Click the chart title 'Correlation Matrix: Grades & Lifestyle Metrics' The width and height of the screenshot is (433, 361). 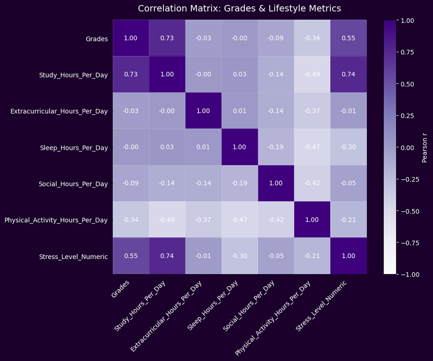click(239, 8)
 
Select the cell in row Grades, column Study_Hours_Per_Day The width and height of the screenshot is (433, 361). click(167, 38)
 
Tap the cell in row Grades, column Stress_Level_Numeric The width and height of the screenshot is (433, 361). click(348, 38)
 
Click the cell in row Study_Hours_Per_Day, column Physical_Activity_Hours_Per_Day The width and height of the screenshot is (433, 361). click(312, 74)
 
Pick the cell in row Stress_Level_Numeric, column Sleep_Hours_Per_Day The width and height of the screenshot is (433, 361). click(239, 256)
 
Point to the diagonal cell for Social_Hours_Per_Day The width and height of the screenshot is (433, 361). click(276, 183)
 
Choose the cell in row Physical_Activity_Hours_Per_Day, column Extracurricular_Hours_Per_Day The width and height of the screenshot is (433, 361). click(203, 219)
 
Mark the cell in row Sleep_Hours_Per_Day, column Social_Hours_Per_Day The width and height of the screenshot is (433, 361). click(276, 147)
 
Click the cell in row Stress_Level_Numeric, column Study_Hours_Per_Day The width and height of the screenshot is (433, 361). click(167, 256)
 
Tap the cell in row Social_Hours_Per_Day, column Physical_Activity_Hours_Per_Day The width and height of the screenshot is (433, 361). click(312, 183)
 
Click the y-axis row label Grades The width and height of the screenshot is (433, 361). click(97, 38)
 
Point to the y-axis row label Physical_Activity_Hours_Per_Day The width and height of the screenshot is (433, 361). click(56, 220)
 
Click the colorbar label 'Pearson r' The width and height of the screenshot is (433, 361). click(425, 147)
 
